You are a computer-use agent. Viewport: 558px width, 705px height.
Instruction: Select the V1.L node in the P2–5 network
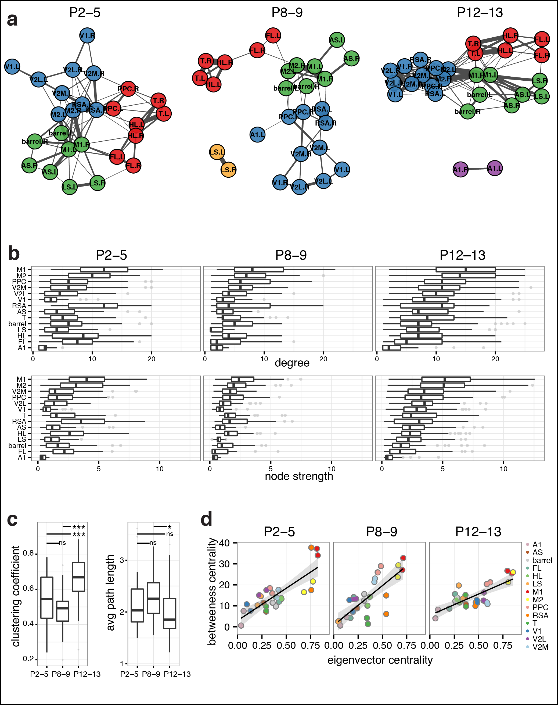point(12,67)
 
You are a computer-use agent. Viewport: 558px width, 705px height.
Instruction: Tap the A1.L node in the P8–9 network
point(257,135)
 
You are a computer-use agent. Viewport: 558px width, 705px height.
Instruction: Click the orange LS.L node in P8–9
point(217,152)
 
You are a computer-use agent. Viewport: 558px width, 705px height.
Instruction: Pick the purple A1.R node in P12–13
point(461,170)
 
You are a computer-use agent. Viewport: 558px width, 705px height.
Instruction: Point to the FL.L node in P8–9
point(273,35)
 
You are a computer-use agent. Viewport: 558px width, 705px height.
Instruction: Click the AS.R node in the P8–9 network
point(351,59)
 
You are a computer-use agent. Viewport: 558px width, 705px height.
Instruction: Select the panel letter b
point(14,254)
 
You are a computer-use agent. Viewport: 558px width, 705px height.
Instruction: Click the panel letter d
point(207,519)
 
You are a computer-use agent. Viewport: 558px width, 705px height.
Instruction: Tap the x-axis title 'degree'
point(292,363)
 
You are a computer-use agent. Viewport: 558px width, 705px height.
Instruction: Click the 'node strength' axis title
point(298,476)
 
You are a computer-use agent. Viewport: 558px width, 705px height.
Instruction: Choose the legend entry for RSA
point(540,615)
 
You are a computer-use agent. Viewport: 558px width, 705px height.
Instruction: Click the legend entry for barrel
point(542,560)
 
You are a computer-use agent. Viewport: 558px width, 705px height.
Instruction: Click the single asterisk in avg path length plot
point(169,527)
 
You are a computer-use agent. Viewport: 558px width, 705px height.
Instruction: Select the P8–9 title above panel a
point(287,12)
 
